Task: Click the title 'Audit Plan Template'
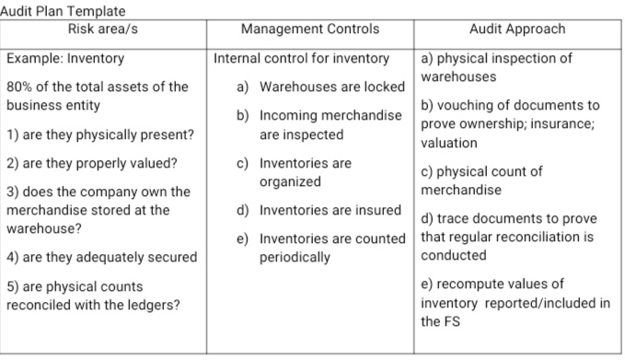click(x=63, y=10)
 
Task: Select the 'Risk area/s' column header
click(x=103, y=29)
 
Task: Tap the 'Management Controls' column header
click(x=309, y=29)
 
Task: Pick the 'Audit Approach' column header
click(x=516, y=29)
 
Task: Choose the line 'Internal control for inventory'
click(x=301, y=58)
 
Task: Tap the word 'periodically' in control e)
click(x=295, y=257)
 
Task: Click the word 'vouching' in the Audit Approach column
click(x=464, y=106)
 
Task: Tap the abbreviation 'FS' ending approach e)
click(x=432, y=321)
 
